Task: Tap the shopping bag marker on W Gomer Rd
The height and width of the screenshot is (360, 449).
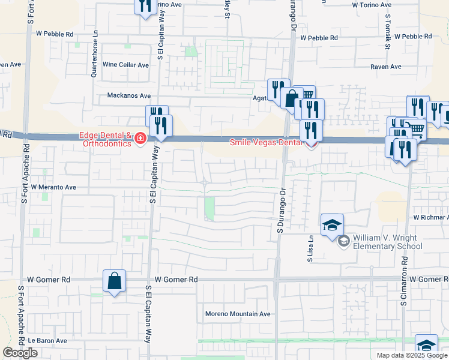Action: tap(114, 281)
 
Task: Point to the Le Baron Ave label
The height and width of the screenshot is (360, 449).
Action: tap(47, 340)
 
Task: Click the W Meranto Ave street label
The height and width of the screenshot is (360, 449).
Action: tap(53, 187)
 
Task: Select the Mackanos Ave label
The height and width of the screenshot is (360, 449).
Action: tap(128, 95)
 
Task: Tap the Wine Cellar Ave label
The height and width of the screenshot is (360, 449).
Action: tap(125, 65)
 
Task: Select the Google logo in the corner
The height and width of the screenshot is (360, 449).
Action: tap(20, 353)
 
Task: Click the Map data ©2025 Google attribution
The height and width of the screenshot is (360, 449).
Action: tap(412, 355)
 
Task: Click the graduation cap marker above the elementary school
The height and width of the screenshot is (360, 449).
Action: tap(332, 226)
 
